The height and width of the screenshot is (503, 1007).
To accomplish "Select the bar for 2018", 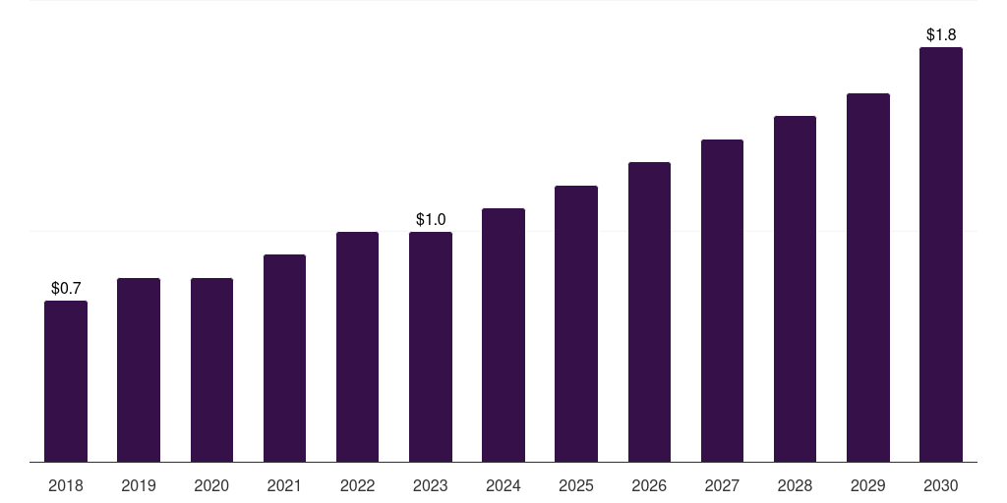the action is point(66,381).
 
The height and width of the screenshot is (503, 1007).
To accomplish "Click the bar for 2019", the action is point(139,370).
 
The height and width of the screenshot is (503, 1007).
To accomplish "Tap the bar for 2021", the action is point(284,358).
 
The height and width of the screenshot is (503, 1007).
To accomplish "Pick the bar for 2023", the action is point(431,347).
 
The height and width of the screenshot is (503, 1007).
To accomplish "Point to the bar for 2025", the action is point(576,324).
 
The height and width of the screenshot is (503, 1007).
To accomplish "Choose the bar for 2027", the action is point(722,301).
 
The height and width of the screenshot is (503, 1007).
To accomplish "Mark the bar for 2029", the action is point(868,278).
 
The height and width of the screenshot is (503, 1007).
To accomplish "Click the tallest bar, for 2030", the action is point(941,254).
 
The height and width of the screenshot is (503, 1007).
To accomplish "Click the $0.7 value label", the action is point(66,289).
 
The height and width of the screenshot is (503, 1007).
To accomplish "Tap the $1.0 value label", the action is point(431,220).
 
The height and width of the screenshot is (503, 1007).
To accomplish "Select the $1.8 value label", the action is point(941,34).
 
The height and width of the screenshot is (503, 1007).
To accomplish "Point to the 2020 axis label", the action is point(212,485).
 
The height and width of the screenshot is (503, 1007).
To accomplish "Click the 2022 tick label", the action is point(357,485).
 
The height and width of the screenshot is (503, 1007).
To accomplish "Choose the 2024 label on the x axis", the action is point(503,485).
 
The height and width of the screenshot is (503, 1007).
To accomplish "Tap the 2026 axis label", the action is point(649,485).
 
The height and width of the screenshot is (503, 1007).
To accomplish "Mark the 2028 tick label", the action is point(795,485).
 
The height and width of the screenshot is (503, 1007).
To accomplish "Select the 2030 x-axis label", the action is point(941,485).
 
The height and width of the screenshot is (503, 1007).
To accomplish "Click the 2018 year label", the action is point(66,485).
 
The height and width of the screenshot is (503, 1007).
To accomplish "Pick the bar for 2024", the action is point(503,336).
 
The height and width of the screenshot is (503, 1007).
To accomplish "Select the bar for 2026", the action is point(649,312).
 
